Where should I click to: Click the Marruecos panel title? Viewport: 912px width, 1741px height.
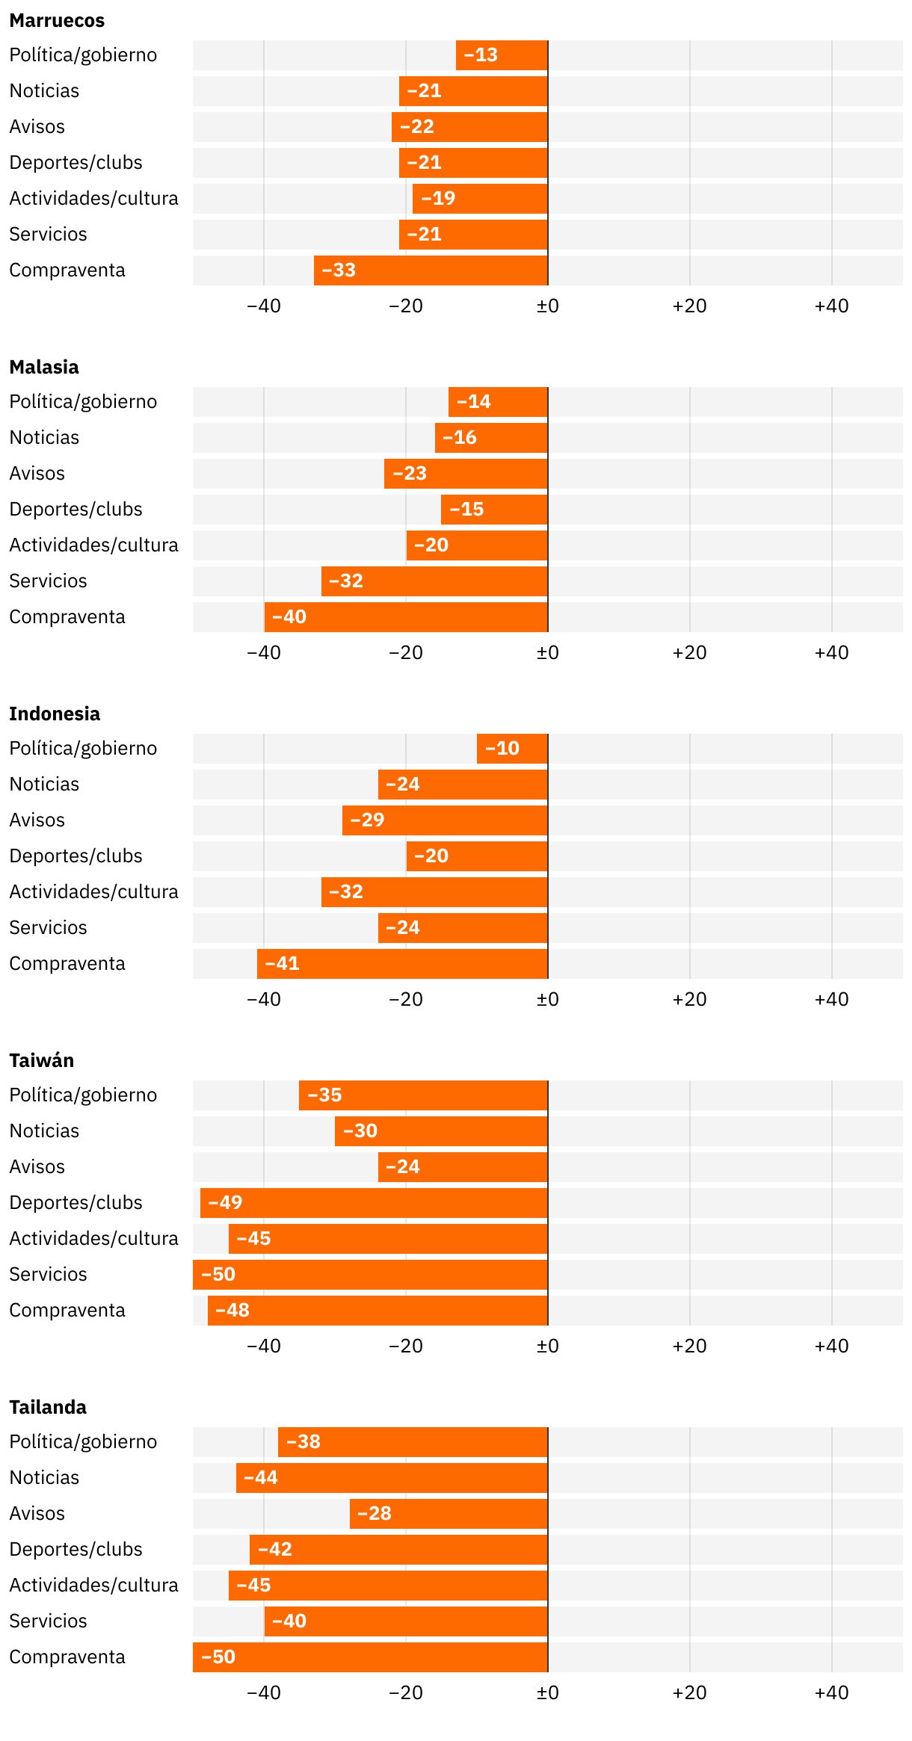(57, 21)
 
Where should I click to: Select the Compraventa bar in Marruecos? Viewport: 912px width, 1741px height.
(431, 270)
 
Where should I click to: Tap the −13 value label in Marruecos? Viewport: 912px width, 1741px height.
(481, 55)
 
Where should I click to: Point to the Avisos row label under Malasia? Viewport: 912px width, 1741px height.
(37, 474)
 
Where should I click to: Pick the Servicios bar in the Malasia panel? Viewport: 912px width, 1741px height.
(434, 581)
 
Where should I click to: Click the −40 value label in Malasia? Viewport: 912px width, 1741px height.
(289, 617)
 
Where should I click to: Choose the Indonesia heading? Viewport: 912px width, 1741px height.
(55, 714)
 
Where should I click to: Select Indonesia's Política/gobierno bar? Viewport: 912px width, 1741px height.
(512, 749)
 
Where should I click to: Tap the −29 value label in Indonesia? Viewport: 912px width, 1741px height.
(367, 820)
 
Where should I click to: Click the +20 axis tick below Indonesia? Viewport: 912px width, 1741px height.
(689, 1000)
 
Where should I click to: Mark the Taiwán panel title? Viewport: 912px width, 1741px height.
(42, 1061)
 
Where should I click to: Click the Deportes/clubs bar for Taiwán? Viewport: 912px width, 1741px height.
(374, 1203)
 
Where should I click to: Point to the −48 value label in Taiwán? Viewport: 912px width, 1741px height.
(232, 1311)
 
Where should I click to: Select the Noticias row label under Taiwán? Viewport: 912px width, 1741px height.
(44, 1131)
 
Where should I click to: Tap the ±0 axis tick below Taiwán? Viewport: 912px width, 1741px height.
(548, 1346)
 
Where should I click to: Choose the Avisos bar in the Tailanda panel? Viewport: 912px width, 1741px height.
(449, 1514)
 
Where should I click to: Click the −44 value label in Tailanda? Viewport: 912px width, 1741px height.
(261, 1478)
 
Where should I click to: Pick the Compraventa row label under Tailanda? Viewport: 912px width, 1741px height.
(67, 1657)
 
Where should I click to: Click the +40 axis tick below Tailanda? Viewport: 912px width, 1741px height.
(831, 1693)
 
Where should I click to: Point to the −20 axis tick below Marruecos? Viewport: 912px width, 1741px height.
(406, 306)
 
